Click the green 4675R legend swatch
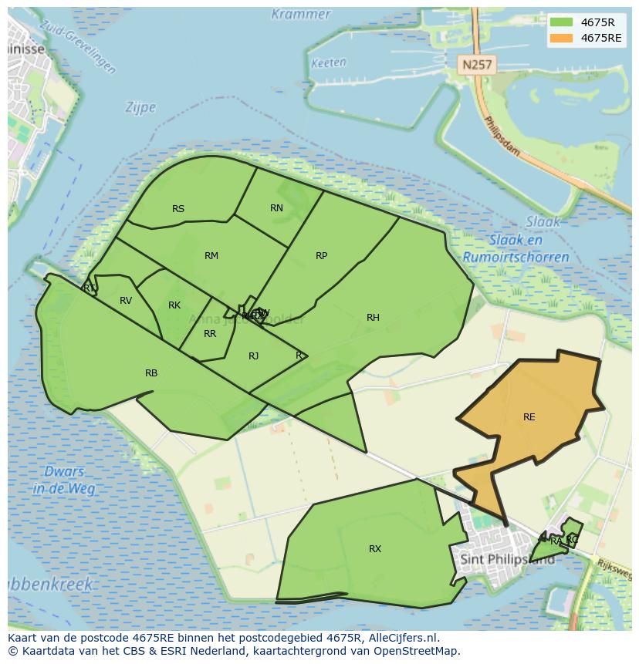(x=561, y=22)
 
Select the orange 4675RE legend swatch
(x=561, y=38)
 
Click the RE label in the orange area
(x=529, y=417)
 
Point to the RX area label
(x=375, y=549)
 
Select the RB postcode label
(x=151, y=373)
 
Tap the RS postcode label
(x=178, y=209)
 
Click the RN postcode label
(x=276, y=208)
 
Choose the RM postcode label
(x=211, y=256)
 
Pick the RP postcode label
(x=322, y=256)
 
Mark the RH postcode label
(x=373, y=318)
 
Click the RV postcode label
(x=126, y=301)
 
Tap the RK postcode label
(x=174, y=305)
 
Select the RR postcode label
(x=210, y=335)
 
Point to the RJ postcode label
(x=254, y=356)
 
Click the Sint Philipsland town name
(x=507, y=559)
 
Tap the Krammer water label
(x=301, y=15)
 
